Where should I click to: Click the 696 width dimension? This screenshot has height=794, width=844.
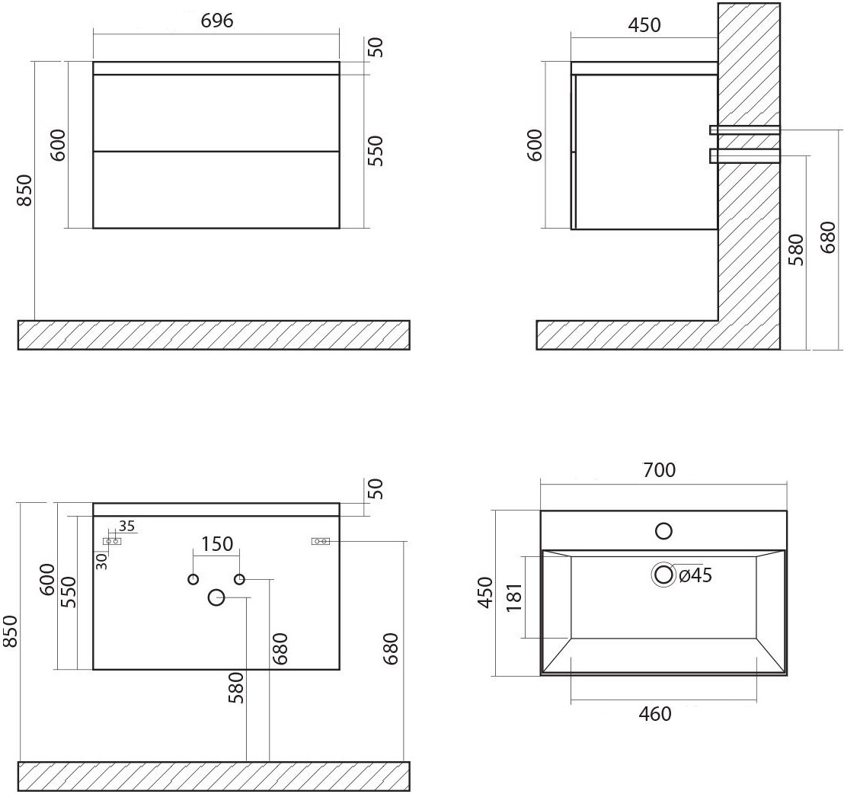217,21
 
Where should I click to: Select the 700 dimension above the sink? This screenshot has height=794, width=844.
659,470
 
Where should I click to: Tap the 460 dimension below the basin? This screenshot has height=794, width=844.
655,714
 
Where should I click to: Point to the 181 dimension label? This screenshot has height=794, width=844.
515,597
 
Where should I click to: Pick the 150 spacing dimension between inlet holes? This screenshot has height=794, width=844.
216,544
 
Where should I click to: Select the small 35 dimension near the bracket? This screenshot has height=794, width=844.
126,525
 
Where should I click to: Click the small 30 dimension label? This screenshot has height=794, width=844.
102,562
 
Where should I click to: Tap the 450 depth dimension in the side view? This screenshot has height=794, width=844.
644,25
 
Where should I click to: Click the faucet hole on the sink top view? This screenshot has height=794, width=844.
663,531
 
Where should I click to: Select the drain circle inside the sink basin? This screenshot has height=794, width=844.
663,575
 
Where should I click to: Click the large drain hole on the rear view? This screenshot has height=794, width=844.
216,597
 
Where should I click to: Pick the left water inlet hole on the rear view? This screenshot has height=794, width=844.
193,579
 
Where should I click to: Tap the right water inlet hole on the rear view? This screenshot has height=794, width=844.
239,579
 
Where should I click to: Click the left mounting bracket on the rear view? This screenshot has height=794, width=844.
112,541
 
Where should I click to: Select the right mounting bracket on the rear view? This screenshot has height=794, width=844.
320,541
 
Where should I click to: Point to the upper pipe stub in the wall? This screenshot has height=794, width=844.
744,130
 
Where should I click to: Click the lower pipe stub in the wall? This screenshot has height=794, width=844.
744,155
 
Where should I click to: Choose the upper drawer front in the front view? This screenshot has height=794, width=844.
216,113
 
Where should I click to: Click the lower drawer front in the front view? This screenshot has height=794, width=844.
216,190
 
